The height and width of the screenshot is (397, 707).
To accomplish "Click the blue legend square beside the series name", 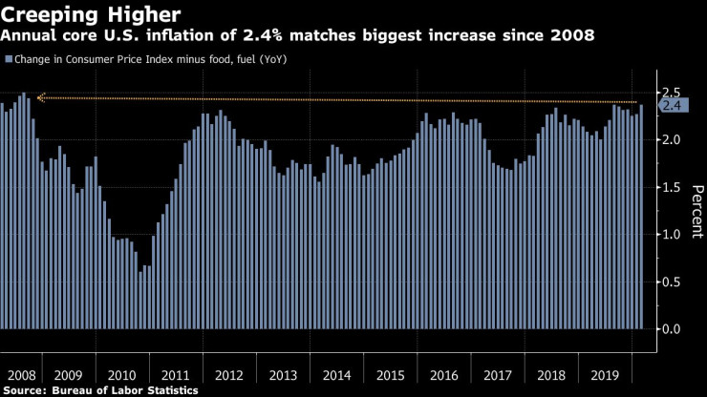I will (x=9, y=59).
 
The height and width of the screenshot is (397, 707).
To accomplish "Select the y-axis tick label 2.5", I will (x=671, y=93).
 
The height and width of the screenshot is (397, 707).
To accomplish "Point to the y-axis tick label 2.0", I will (x=671, y=139).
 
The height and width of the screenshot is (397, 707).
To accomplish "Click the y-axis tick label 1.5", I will (x=671, y=187).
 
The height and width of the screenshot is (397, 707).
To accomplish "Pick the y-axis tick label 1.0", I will (x=671, y=235).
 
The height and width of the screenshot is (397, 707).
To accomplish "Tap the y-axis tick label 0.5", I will (x=671, y=282).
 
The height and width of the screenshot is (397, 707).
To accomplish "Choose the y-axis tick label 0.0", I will (x=671, y=329).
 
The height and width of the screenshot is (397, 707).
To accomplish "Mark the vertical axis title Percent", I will (x=696, y=211).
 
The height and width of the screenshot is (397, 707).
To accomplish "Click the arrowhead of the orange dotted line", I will (x=40, y=96).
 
